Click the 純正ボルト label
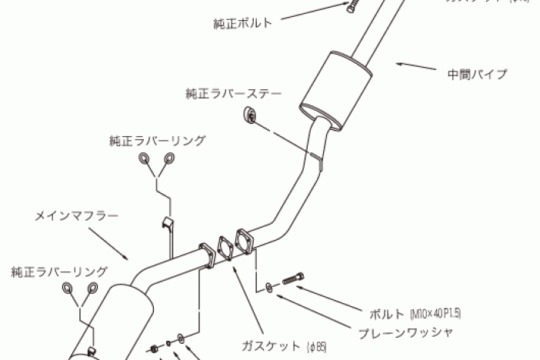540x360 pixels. click(242, 23)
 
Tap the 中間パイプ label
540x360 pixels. click(477, 75)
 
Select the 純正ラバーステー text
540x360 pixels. click(234, 94)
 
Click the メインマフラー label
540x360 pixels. click(77, 216)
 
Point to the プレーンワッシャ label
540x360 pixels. click(405, 333)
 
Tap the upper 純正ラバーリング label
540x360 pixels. click(157, 141)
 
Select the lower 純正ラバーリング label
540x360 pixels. click(59, 272)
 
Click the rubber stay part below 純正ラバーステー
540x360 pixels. click(251, 116)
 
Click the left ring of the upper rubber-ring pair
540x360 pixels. click(144, 159)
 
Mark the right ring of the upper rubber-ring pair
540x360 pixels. click(168, 159)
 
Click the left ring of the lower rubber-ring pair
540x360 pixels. click(68, 288)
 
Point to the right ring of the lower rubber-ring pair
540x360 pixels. click(93, 288)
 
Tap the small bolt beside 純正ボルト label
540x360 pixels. click(353, 7)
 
